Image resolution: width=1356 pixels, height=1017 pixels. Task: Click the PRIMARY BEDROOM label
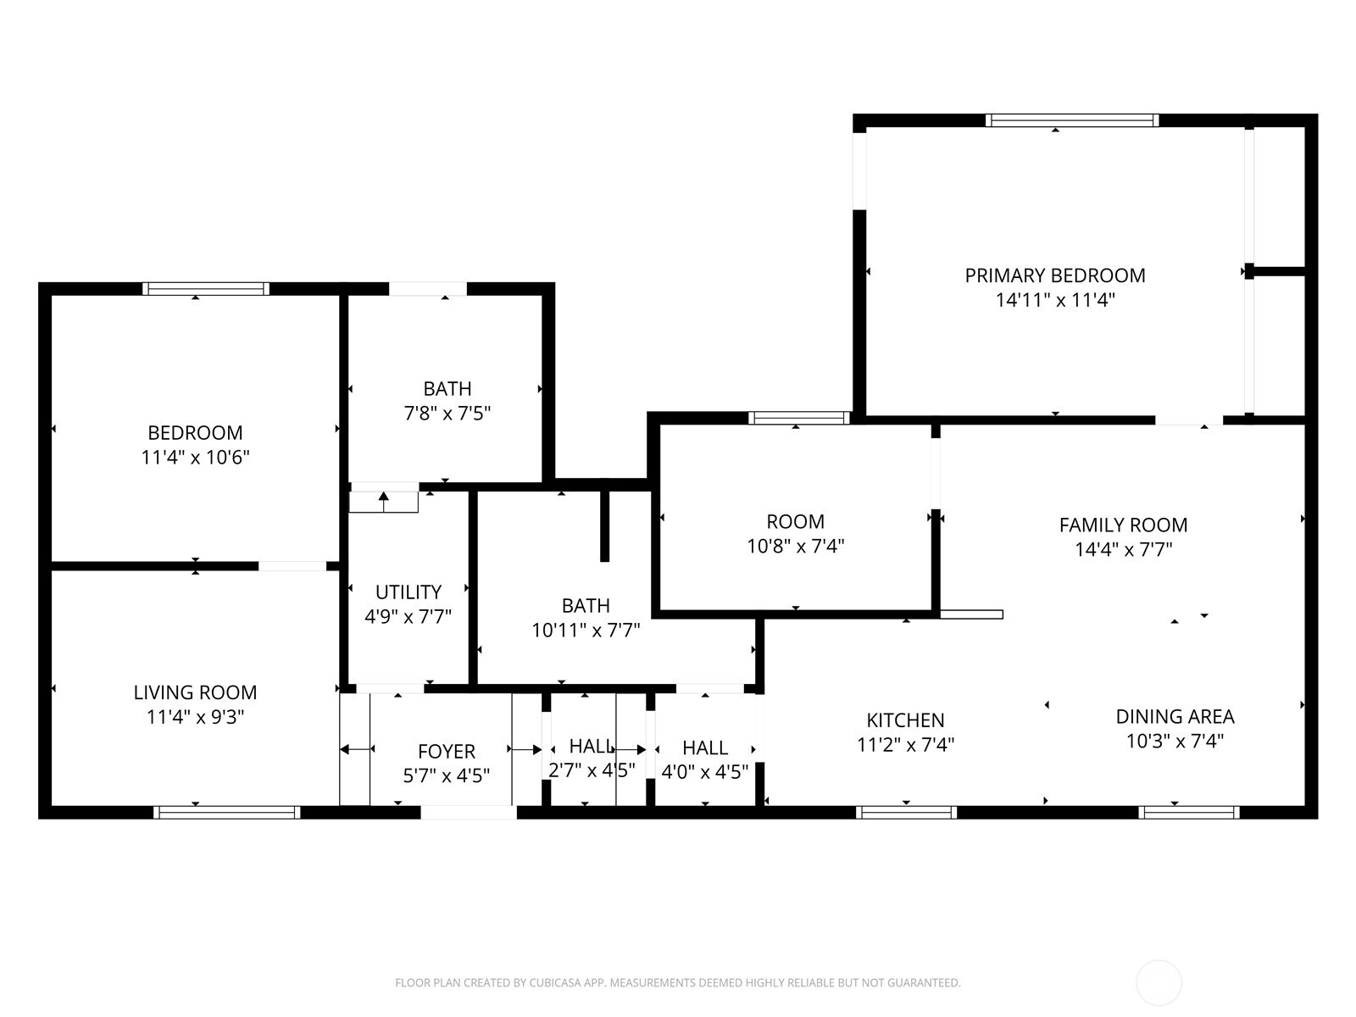click(1055, 275)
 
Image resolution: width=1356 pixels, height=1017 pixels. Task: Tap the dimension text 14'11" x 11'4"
click(1055, 300)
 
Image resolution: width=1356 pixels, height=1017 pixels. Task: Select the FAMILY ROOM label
click(1123, 525)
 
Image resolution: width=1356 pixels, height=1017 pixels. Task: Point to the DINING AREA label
click(1175, 716)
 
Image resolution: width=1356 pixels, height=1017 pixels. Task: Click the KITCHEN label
click(905, 720)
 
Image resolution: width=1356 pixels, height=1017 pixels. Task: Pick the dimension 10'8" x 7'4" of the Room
click(795, 547)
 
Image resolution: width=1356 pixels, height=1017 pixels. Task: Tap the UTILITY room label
click(408, 592)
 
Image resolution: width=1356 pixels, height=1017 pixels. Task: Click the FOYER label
click(446, 752)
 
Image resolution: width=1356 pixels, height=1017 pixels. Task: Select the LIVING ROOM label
click(195, 692)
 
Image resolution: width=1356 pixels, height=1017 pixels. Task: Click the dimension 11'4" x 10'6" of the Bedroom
click(195, 458)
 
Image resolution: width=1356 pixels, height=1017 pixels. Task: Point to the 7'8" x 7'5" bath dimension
click(447, 414)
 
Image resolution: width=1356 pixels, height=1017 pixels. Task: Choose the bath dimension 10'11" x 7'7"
click(586, 631)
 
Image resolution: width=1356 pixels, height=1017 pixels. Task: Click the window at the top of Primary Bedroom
click(1072, 120)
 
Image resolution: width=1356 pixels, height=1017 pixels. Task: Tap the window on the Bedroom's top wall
click(205, 289)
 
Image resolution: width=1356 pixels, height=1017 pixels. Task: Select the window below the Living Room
click(226, 812)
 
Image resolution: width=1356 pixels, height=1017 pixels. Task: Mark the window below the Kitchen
click(906, 812)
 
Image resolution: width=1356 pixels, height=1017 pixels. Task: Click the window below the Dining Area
click(1189, 812)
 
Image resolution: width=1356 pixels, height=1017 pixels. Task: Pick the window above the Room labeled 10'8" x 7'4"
click(798, 417)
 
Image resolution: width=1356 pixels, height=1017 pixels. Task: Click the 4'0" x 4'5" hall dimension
click(705, 772)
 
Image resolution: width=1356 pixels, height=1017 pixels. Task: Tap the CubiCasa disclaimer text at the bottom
click(677, 983)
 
